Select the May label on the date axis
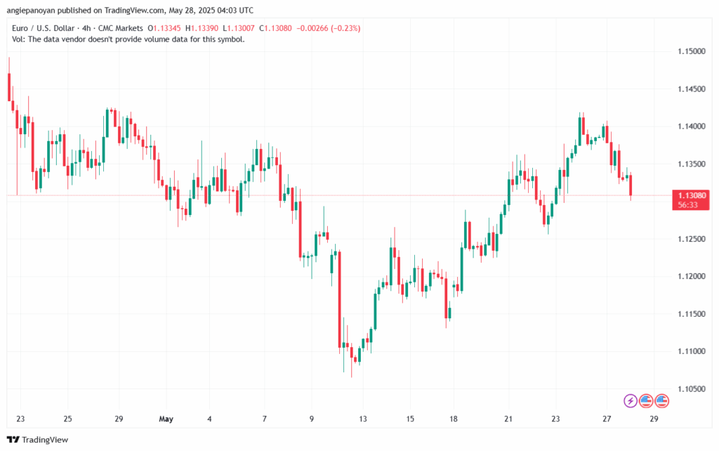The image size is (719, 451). (x=166, y=419)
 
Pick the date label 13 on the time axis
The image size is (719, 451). (x=362, y=419)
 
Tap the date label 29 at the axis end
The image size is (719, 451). (x=654, y=419)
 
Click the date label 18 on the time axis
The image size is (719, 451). (x=454, y=419)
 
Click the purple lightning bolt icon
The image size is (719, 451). (x=631, y=400)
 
